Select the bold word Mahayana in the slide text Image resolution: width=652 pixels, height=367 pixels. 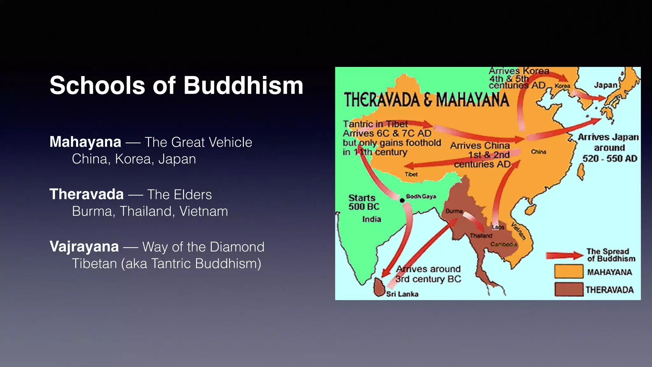[x=85, y=142]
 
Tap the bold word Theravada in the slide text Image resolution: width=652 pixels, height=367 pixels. [x=87, y=194]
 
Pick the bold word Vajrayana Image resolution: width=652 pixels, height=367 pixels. [x=84, y=247]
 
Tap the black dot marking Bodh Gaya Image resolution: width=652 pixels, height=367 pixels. [x=402, y=200]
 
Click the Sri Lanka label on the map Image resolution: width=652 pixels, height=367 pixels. [x=402, y=294]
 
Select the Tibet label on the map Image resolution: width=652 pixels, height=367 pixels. [x=411, y=174]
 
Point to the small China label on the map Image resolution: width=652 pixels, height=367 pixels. [x=538, y=152]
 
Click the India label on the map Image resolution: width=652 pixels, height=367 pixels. [x=372, y=219]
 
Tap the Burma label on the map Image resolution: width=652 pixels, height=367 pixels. [x=454, y=211]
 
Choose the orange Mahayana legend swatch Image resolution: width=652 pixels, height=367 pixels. [x=569, y=271]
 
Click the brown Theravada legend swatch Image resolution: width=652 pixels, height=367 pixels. [x=569, y=289]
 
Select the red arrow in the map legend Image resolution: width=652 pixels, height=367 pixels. [x=564, y=255]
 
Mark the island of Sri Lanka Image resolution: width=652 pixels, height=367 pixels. [x=379, y=287]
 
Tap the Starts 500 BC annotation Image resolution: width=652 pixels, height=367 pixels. [x=364, y=202]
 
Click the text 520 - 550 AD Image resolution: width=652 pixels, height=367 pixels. [x=610, y=158]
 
